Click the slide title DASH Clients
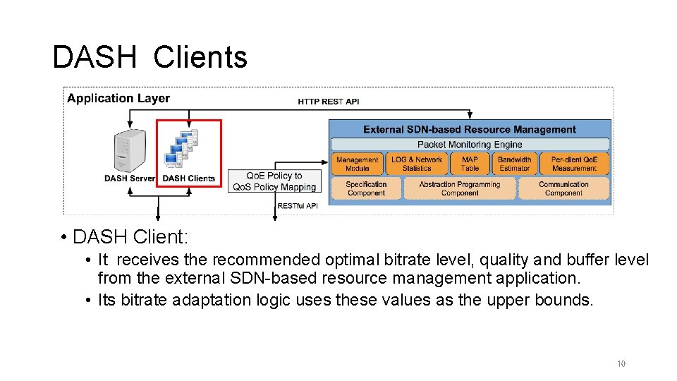[150, 57]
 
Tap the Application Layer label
[118, 99]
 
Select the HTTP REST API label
[328, 102]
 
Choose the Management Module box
[358, 164]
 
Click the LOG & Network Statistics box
[417, 164]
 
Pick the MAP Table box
[470, 164]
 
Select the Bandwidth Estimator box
[514, 164]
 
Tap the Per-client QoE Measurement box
[574, 164]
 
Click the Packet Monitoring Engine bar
[470, 145]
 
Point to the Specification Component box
[366, 188]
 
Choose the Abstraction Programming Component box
[459, 188]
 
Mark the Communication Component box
[563, 188]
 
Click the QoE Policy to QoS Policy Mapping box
[274, 181]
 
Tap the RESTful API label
[298, 206]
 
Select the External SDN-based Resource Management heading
[470, 129]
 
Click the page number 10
[621, 364]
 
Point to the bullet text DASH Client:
[130, 236]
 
